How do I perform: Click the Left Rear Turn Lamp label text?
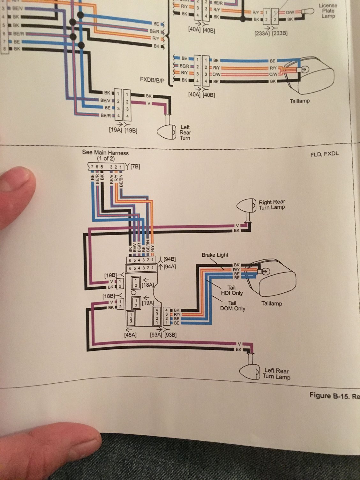tap(276, 374)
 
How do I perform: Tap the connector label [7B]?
tap(135, 166)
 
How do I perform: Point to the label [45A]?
tap(130, 335)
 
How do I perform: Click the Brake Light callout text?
tap(215, 255)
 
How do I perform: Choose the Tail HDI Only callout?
tap(232, 290)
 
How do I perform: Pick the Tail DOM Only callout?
tap(232, 306)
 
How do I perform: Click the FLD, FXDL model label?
tap(324, 154)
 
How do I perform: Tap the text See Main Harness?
tap(105, 153)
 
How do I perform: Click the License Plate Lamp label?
tap(328, 11)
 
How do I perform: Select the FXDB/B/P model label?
tap(152, 79)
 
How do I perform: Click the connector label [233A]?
tap(262, 33)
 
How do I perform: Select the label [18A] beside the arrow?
tap(148, 284)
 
